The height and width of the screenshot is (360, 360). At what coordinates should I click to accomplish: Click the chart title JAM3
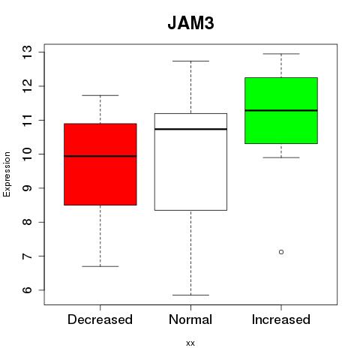(190, 23)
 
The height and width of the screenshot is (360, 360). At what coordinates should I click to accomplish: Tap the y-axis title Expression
(7, 174)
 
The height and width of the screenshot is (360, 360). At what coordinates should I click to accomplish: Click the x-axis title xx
(190, 343)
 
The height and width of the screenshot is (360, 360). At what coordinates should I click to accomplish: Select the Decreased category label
(100, 319)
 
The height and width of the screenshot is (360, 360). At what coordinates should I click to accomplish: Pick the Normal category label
(190, 319)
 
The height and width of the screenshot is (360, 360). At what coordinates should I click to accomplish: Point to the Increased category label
(281, 319)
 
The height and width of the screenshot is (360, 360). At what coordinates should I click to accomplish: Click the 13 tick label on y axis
(28, 52)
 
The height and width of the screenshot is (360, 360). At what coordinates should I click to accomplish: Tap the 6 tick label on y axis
(28, 290)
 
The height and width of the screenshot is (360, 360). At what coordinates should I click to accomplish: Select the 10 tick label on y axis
(28, 154)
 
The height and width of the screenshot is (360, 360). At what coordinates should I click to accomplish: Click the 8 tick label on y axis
(28, 222)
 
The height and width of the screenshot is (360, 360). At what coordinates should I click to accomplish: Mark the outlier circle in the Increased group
(281, 252)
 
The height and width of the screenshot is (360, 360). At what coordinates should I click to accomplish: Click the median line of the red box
(100, 156)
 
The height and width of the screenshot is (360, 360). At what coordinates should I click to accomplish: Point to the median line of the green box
(281, 110)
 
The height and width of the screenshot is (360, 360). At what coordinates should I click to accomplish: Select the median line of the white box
(190, 129)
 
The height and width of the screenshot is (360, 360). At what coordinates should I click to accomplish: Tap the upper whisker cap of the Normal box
(190, 61)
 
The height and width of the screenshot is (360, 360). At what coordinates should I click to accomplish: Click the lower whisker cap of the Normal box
(190, 295)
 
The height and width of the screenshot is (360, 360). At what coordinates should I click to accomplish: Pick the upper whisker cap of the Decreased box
(100, 95)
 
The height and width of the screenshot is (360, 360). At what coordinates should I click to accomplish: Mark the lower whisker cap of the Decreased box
(100, 266)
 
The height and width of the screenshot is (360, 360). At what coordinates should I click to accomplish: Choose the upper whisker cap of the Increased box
(281, 54)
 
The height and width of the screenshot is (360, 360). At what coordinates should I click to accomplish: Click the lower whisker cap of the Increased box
(281, 157)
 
